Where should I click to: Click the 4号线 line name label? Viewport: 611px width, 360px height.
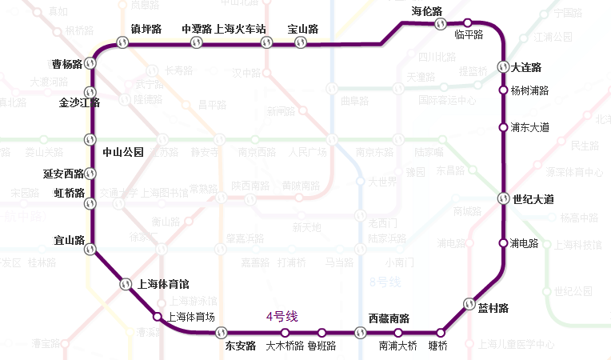coord(282,317)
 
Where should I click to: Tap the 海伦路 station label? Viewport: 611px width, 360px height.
coord(426,11)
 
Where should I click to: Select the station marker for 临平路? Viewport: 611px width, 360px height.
coord(468,23)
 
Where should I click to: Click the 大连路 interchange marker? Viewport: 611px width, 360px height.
coord(503,67)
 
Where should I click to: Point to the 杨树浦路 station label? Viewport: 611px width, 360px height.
coord(529,90)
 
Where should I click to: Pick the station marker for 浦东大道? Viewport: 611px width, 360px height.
coord(503,127)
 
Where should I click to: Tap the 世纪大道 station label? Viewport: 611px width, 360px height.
coord(533,198)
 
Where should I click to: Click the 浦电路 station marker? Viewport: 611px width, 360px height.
coord(503,242)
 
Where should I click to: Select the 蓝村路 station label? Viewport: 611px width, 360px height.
coord(493,308)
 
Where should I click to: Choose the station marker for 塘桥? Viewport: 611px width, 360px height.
coord(440,332)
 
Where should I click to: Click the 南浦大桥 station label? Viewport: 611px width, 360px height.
coord(397,346)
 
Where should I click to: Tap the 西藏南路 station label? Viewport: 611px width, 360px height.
coord(389,319)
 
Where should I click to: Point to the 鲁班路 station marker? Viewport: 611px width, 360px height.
coord(321,332)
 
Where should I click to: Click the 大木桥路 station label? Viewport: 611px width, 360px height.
coord(285,346)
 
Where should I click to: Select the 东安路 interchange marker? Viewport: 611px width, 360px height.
coord(226,332)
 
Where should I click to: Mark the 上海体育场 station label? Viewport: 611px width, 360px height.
coord(190,317)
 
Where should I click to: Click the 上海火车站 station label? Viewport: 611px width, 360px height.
coord(241,30)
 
